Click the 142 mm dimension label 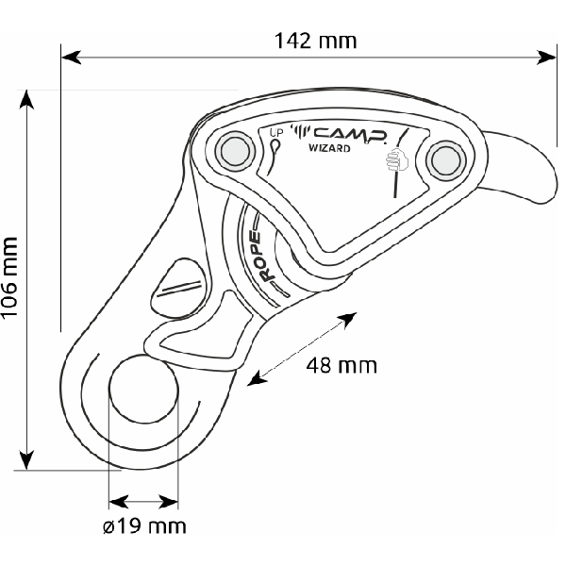[315, 41]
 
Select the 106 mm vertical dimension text [9, 277]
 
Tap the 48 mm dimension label [341, 365]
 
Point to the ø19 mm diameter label [144, 526]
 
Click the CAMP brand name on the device [350, 135]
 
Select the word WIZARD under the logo [329, 148]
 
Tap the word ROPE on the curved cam [264, 257]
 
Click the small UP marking [276, 133]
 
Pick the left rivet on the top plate [235, 151]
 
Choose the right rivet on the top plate [445, 160]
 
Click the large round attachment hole [143, 389]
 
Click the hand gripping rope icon [397, 159]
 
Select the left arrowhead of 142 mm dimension [72, 57]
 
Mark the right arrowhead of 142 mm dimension [546, 58]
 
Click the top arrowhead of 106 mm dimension [26, 100]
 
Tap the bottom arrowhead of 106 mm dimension [26, 459]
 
